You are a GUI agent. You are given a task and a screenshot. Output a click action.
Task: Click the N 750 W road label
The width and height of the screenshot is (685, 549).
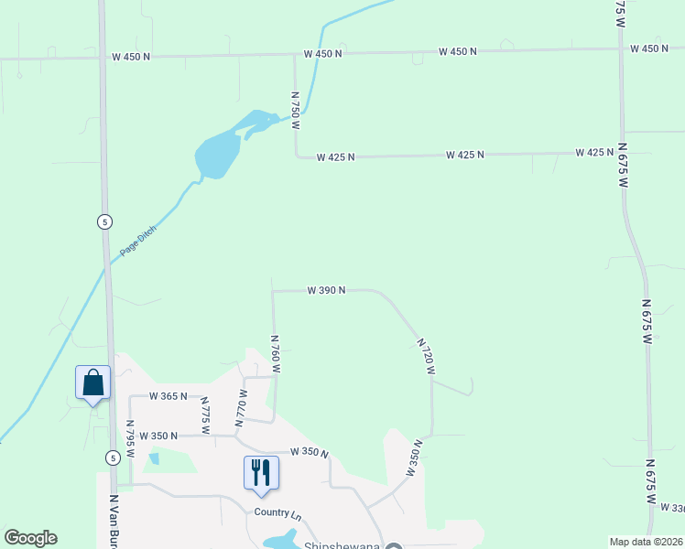[296, 109]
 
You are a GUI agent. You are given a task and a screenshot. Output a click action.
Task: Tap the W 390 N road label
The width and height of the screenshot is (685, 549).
[326, 290]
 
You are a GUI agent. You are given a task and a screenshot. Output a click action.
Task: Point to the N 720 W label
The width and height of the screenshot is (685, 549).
[426, 356]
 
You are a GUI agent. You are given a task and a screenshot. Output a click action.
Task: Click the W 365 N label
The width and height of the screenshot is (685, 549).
[169, 396]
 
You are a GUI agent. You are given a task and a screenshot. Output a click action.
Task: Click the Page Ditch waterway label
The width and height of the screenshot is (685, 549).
[138, 241]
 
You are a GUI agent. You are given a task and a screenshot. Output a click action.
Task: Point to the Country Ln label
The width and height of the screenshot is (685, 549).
[277, 513]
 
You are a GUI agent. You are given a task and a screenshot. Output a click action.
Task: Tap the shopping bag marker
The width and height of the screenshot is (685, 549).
[93, 382]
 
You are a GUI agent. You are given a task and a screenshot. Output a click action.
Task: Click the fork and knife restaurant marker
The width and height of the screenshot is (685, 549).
[261, 472]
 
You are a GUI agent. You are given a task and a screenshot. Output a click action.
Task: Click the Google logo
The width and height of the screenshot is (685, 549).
[30, 538]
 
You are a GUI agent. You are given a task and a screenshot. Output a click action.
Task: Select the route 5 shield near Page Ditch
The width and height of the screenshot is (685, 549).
[105, 221]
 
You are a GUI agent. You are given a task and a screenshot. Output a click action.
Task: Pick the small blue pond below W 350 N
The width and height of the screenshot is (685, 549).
[154, 458]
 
